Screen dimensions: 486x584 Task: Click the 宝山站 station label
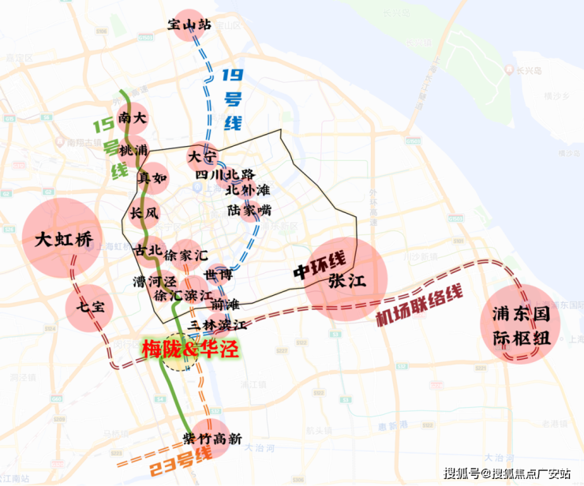click(190, 25)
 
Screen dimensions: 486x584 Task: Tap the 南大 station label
click(132, 119)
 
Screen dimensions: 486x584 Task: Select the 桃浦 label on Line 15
click(133, 149)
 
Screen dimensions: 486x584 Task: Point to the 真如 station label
click(153, 178)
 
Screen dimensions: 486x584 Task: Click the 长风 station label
click(144, 213)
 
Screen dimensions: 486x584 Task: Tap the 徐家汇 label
click(186, 256)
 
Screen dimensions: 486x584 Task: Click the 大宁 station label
click(201, 155)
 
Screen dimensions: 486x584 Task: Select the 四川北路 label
click(225, 174)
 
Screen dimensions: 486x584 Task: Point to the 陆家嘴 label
click(249, 211)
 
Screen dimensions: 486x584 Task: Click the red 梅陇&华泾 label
click(189, 348)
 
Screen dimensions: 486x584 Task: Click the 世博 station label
click(218, 275)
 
